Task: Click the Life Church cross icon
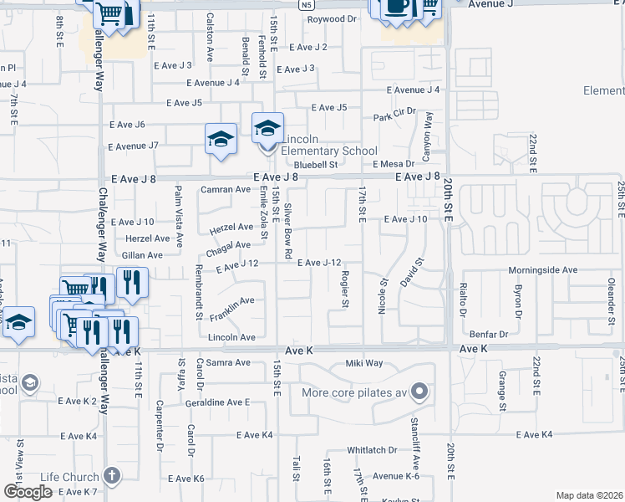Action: coord(111,476)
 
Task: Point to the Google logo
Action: coord(28,492)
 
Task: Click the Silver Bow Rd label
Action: coord(288,230)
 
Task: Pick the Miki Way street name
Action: coord(364,363)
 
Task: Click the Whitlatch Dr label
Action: coord(372,450)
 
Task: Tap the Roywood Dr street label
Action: coord(332,18)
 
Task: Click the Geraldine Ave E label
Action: coord(218,402)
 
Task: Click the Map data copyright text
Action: coord(588,495)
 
